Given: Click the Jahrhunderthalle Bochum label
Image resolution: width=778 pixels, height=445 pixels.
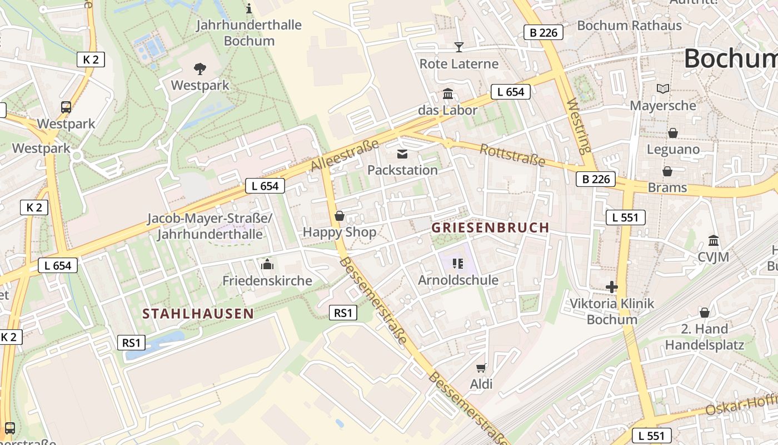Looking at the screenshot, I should point(250,33).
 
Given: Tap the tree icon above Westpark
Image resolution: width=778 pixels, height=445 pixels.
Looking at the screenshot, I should point(200,69).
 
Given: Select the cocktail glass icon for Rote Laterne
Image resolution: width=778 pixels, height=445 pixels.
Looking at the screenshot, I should point(459,47).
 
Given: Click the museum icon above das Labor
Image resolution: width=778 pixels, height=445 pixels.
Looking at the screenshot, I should point(448,93).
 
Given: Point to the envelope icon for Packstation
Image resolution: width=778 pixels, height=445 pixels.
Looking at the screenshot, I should point(402,154).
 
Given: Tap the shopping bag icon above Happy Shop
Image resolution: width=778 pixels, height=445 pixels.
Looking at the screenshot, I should point(340,216).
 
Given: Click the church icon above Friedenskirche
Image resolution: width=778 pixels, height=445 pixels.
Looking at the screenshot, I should point(267,264).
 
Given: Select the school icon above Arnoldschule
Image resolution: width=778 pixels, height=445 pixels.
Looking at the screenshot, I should point(458,263).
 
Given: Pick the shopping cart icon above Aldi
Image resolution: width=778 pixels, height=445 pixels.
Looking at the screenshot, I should point(481,368).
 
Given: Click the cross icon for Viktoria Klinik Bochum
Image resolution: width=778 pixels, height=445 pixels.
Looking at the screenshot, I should point(612,287).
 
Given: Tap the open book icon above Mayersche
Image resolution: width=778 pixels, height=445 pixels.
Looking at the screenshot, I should point(662,89).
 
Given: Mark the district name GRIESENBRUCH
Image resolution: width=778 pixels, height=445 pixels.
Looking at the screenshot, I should point(490,228).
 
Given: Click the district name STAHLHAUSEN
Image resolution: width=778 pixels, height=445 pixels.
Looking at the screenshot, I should point(198,314).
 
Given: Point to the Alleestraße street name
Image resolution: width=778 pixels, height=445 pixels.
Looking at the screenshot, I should point(345,155).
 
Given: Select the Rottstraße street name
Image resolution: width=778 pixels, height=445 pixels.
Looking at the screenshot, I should point(512,155).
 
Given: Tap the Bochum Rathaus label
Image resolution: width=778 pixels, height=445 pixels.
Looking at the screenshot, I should point(629,26).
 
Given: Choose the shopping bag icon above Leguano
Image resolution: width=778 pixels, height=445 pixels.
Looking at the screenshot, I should point(673,133).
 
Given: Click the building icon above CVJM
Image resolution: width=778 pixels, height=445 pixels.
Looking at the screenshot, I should point(714,240).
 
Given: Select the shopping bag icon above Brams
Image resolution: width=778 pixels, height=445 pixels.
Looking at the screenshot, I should point(667,171).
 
